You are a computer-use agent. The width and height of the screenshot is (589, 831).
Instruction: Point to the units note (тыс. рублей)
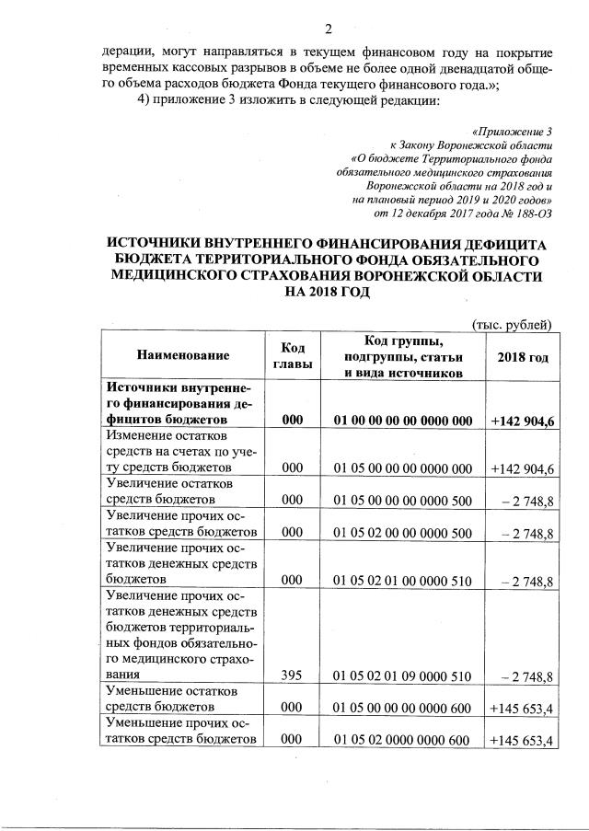coord(511,323)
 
